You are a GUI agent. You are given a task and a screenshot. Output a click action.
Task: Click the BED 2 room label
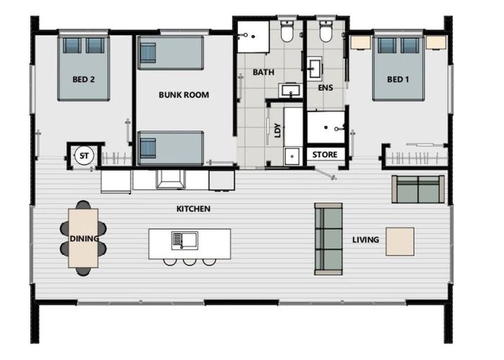tap(84, 80)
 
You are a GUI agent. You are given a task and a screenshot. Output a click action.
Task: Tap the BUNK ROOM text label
tap(184, 94)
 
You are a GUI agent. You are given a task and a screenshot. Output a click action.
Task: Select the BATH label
tap(264, 73)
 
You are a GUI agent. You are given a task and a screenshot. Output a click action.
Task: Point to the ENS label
tap(325, 88)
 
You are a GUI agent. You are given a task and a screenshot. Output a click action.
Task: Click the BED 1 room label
tap(397, 80)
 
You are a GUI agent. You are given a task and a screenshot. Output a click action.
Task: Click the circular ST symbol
tap(84, 156)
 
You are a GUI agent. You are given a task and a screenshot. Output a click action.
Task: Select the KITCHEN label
tap(193, 210)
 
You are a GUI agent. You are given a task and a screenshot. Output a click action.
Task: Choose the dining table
tap(83, 238)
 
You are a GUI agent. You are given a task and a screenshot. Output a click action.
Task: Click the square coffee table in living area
tap(400, 242)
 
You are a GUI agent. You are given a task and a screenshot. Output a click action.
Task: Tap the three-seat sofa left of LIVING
tap(328, 238)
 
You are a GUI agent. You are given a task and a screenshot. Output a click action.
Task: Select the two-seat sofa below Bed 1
tap(417, 189)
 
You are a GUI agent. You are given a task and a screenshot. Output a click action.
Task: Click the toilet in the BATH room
tap(287, 32)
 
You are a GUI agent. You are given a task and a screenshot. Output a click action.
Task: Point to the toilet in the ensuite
tap(325, 32)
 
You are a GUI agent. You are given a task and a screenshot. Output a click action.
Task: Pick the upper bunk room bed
tap(171, 54)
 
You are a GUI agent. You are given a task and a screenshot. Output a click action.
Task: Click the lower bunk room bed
tap(171, 148)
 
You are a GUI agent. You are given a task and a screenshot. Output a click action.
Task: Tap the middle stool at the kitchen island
tap(189, 261)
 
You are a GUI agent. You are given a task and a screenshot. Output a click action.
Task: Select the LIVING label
tap(365, 240)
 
